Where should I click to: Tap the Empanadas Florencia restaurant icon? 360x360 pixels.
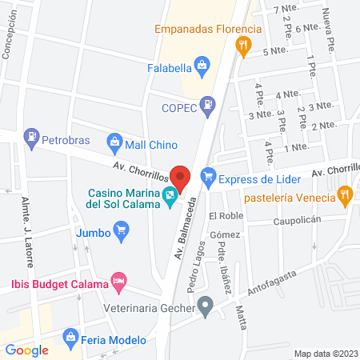[242, 46]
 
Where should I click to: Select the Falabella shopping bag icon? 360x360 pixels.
[202, 64]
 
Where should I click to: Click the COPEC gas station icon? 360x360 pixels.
[208, 102]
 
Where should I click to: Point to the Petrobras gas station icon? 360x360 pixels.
[32, 136]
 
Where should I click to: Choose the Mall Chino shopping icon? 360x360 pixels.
[114, 144]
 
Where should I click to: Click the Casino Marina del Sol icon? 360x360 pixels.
[170, 196]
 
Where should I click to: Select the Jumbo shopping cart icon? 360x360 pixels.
[122, 233]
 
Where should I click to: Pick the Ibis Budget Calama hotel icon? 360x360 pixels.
[118, 281]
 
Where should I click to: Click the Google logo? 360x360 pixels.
[27, 350]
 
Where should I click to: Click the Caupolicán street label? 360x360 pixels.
[297, 219]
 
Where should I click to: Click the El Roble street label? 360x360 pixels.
[225, 216]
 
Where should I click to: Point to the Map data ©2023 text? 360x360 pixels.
[326, 353]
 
